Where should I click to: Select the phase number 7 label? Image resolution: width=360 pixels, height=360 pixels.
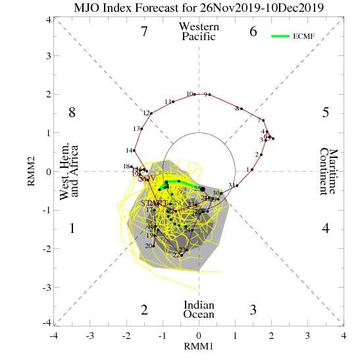click(144, 31)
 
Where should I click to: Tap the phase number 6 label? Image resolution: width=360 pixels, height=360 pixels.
click(253, 31)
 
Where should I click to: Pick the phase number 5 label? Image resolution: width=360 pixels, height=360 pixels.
click(325, 113)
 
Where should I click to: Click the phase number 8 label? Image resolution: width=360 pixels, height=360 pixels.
click(72, 113)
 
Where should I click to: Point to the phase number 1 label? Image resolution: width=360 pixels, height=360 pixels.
click(72, 229)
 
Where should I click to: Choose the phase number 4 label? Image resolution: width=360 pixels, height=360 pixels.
click(325, 229)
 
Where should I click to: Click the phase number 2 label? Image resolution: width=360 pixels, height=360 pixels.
click(144, 310)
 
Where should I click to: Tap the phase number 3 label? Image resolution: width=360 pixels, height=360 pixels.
click(253, 310)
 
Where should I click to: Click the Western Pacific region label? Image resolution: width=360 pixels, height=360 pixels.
click(199, 32)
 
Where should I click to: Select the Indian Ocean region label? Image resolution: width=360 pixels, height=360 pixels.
click(199, 310)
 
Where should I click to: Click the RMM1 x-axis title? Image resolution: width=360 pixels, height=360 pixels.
click(199, 346)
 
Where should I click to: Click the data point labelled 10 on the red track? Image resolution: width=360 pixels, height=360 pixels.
click(195, 94)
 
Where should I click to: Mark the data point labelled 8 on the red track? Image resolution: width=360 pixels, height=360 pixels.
click(242, 109)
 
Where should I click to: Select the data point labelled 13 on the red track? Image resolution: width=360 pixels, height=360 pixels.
click(141, 128)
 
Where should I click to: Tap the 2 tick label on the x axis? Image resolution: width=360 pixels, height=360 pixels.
click(271, 336)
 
